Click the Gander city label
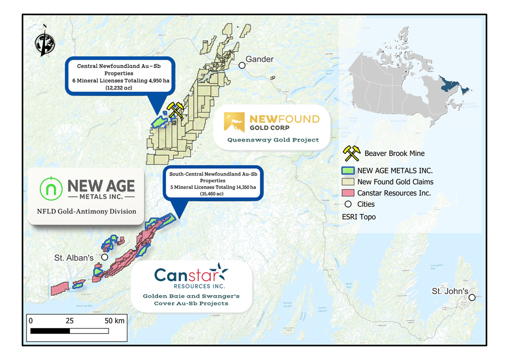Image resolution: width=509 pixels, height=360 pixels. click(x=259, y=59)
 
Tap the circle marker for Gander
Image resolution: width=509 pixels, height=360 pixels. click(x=242, y=65)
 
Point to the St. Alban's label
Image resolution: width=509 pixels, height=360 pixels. click(x=74, y=258)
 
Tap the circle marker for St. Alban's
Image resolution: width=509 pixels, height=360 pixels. click(x=104, y=257)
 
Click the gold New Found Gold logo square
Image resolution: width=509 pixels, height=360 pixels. click(x=234, y=122)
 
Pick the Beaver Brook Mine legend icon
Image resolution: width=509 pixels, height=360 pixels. click(x=351, y=153)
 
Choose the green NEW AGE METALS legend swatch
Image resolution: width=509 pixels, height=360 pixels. click(x=350, y=170)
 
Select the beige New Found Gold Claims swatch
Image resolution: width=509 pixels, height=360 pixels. click(x=350, y=182)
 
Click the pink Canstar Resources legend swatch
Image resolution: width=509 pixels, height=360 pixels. click(x=350, y=193)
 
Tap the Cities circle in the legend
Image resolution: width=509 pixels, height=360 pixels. click(x=350, y=204)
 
